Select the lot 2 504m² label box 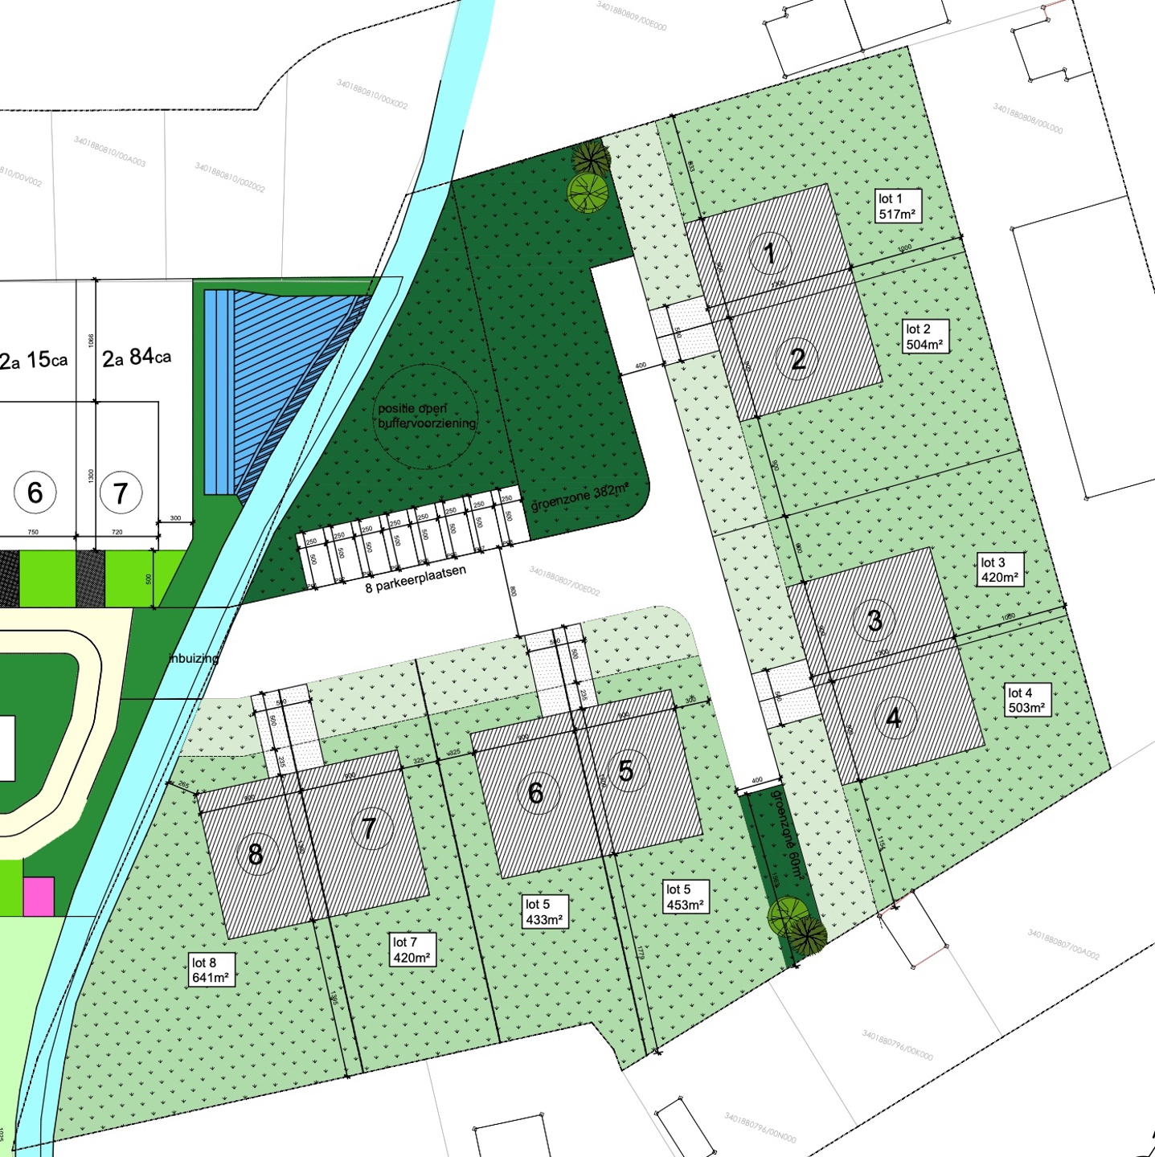point(924,337)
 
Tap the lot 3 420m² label point(999,570)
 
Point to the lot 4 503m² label point(1026,701)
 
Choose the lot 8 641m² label point(211,970)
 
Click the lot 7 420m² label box point(412,950)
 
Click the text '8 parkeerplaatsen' point(416,579)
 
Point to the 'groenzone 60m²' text point(787,832)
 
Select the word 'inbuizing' point(194,658)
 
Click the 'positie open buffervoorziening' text point(426,415)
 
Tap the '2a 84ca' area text point(137,358)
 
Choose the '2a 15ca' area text point(34,361)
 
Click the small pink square point(39,897)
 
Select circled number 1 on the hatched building point(769,253)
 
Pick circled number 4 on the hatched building point(893,718)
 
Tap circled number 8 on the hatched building point(256,854)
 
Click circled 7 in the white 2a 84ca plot point(121,493)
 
